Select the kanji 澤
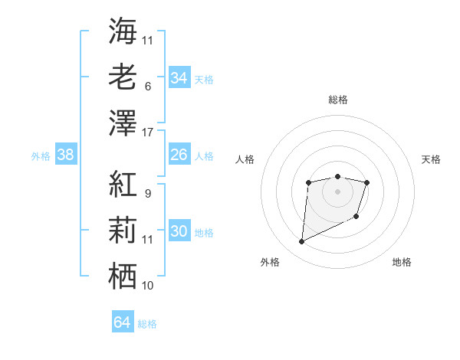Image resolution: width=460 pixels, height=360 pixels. tap(123, 122)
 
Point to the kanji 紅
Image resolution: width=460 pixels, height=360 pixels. tap(123, 184)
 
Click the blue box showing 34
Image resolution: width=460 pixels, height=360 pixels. tap(179, 78)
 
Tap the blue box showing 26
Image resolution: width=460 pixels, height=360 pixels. tap(179, 155)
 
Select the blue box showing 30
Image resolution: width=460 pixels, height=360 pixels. tap(179, 231)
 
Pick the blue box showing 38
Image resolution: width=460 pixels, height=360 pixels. tap(66, 155)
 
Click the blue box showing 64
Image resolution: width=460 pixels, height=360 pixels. tap(122, 322)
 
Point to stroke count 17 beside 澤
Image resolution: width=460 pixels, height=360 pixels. tap(148, 133)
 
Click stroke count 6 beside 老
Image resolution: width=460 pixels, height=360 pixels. tap(147, 87)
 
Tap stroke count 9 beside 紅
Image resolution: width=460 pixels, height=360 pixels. tap(147, 194)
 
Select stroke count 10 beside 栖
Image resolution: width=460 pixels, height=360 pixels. tap(148, 286)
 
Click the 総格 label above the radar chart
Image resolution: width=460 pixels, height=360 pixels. tap(338, 100)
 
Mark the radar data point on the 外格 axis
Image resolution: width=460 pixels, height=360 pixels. tap(301, 242)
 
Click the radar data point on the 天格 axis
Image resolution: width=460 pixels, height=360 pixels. tap(367, 182)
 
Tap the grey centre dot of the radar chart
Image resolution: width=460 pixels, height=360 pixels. tap(337, 191)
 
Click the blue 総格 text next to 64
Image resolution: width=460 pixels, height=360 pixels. tap(147, 324)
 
